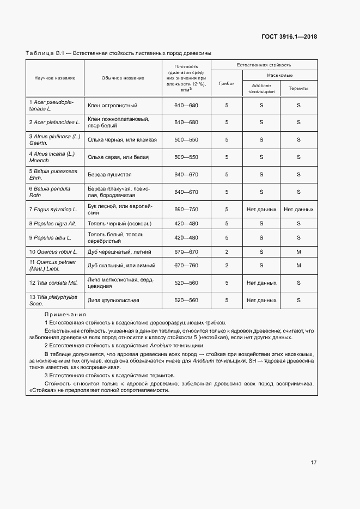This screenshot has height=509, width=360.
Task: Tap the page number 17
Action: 314,462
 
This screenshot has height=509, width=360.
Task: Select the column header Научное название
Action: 55,78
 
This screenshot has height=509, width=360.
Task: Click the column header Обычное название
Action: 123,78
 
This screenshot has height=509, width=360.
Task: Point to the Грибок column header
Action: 227,84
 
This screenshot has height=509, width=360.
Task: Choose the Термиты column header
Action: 298,88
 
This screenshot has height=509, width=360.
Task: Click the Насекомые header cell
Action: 280,75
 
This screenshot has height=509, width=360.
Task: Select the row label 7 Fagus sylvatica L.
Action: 53,209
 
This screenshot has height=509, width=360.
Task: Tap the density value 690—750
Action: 186,209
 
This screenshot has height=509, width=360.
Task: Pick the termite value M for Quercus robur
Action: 298,252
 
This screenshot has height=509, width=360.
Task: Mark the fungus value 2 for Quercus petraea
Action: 227,266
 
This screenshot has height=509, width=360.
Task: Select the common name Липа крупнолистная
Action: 113,300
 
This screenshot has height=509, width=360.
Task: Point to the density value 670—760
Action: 186,266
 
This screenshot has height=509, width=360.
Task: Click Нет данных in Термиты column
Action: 298,209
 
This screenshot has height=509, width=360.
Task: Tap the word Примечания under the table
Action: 65,315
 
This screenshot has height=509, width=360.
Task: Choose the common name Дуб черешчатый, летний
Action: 115,252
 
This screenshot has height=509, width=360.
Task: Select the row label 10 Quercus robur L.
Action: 53,252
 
